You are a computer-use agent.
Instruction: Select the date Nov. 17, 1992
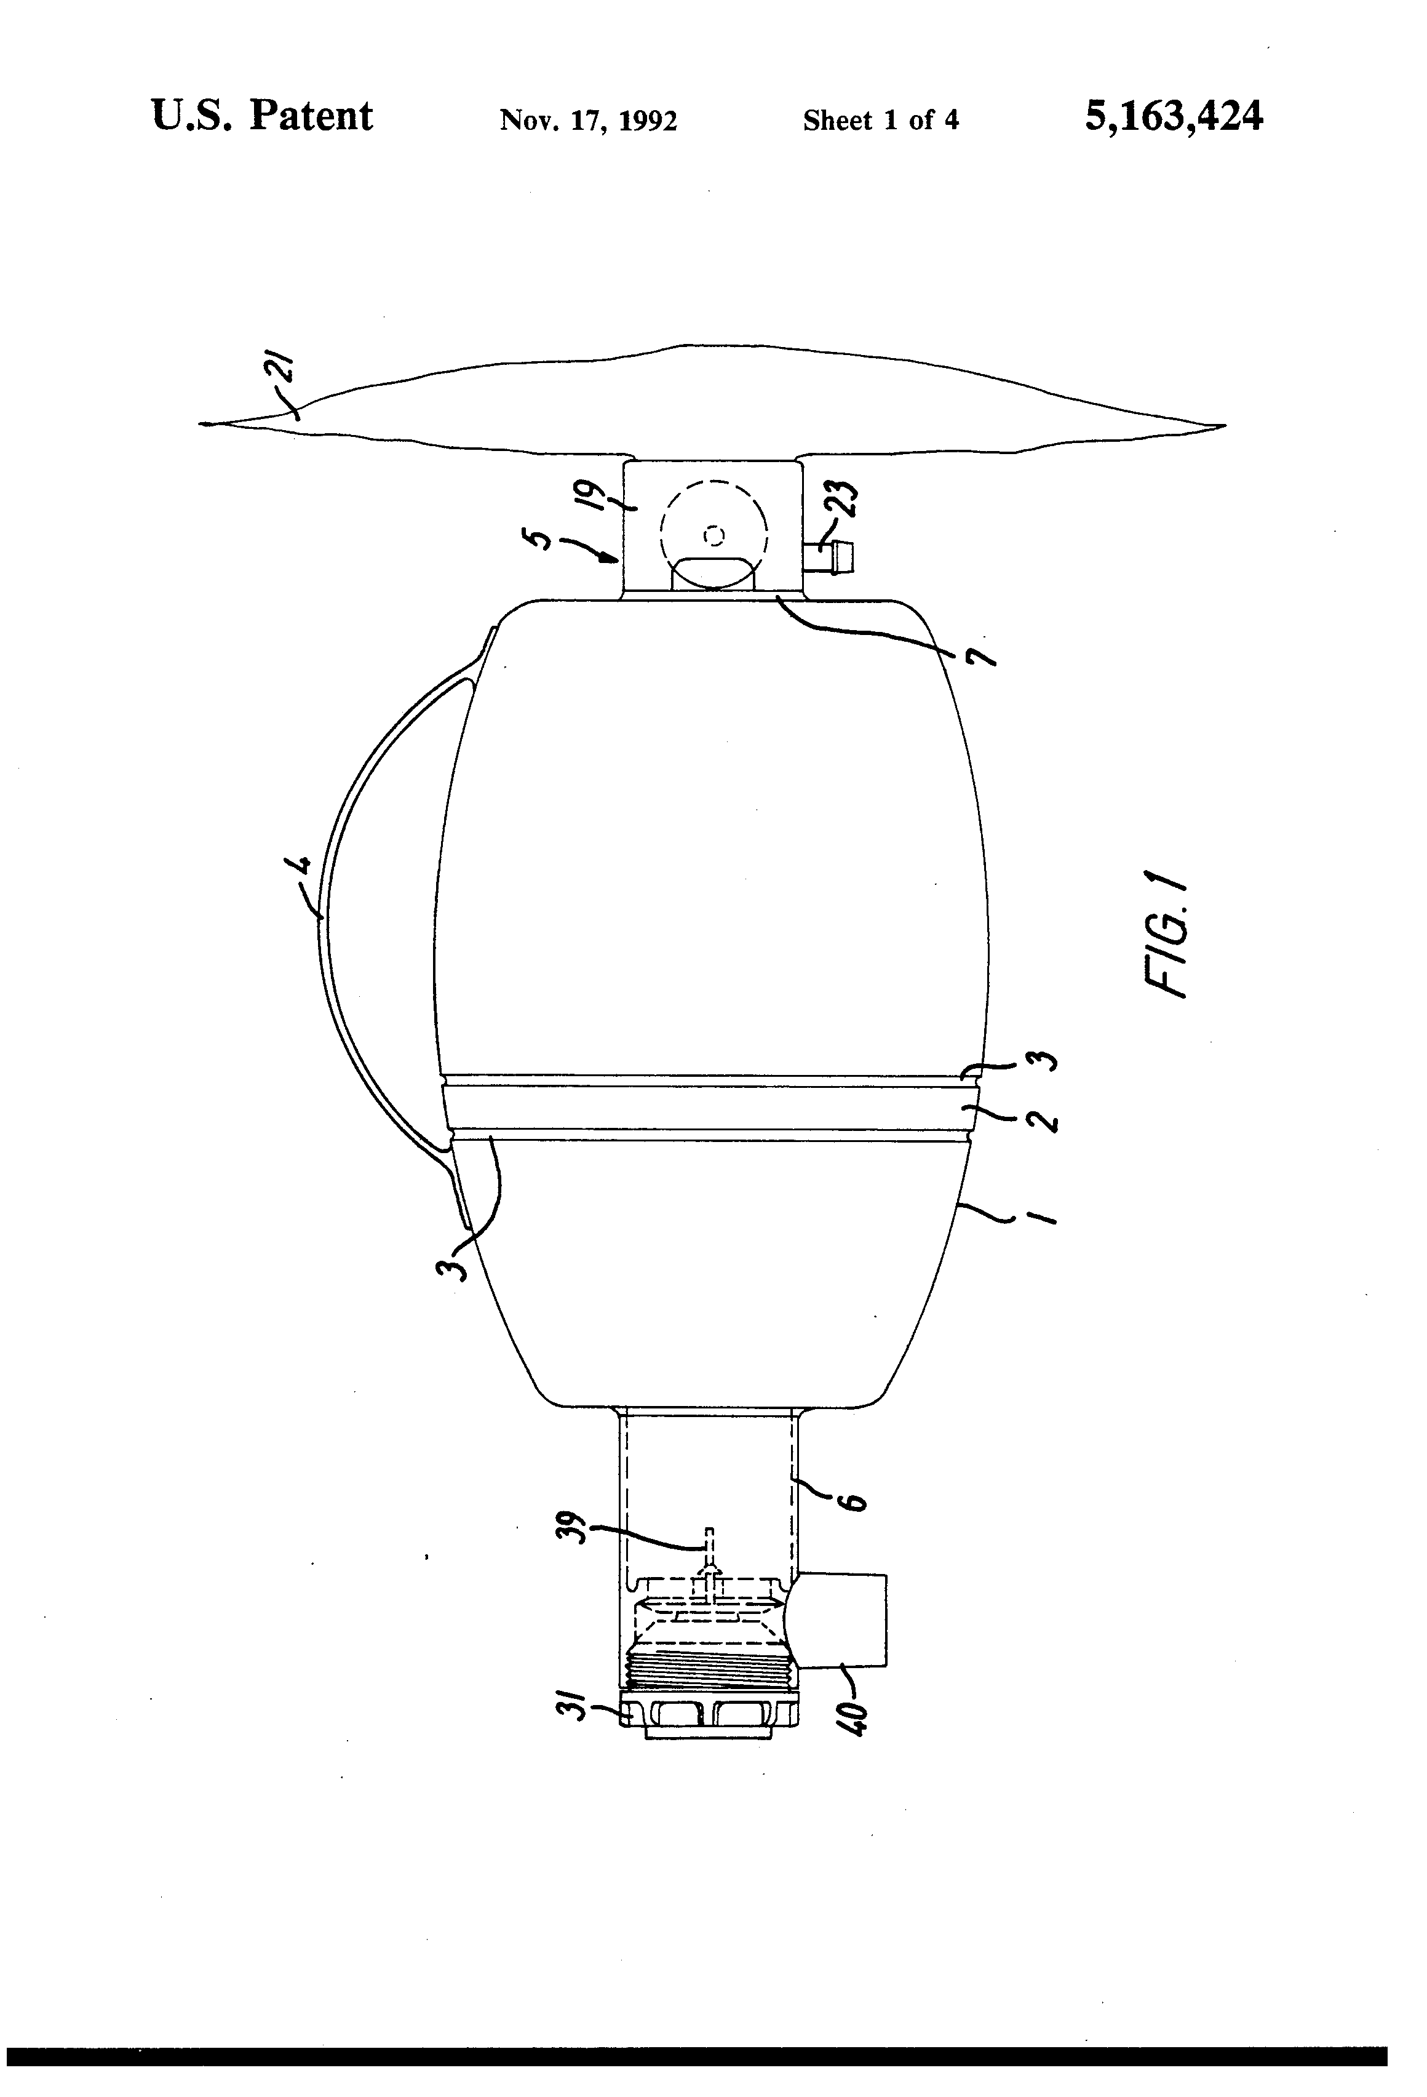click(x=588, y=120)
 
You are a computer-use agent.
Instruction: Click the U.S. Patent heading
click(x=261, y=116)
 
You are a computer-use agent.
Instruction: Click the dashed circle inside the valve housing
click(x=713, y=534)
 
